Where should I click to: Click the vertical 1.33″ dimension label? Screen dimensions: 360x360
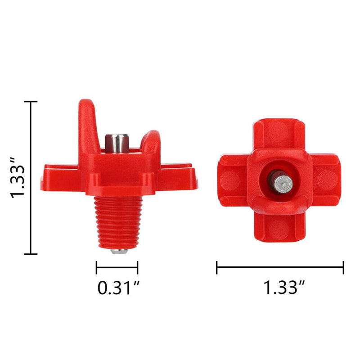click(x=17, y=177)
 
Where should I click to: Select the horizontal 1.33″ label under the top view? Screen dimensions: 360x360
click(x=284, y=288)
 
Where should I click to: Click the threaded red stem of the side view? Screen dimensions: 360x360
click(x=118, y=222)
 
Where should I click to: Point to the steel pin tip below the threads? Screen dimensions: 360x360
click(x=119, y=252)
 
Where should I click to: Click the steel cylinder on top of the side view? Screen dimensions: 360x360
click(x=117, y=143)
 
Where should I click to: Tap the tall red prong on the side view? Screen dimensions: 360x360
click(x=88, y=126)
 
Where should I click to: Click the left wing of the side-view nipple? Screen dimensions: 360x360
click(x=60, y=178)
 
